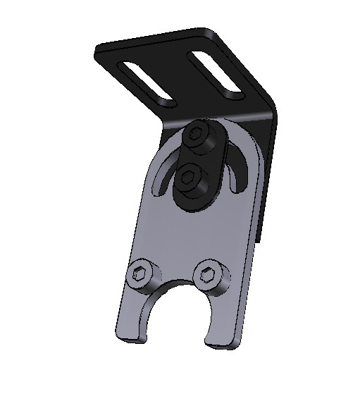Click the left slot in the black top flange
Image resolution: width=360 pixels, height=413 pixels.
tap(149, 83)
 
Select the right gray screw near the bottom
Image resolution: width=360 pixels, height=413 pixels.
tap(209, 272)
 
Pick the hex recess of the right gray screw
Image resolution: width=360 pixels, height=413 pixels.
tap(209, 270)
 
